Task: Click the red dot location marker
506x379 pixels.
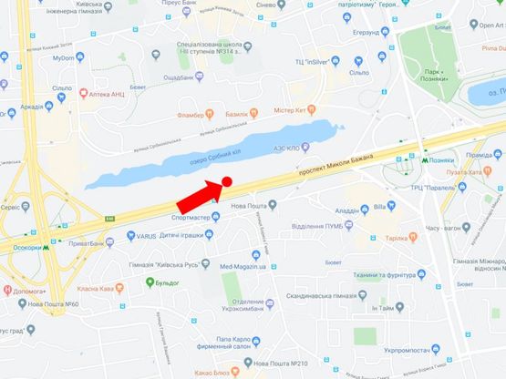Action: (226, 183)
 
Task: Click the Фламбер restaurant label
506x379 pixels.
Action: (184, 114)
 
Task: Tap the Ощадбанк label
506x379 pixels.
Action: (181, 77)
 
